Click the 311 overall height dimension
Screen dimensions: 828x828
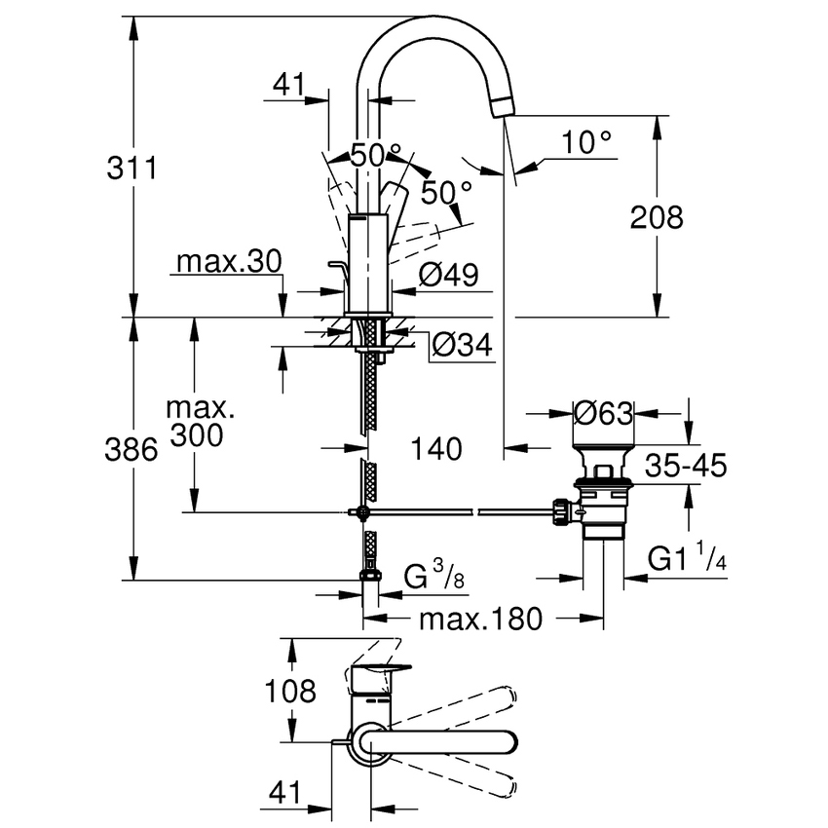[132, 168]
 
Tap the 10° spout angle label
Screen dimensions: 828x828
[587, 143]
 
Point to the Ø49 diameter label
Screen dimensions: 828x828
[449, 277]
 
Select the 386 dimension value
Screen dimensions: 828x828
[132, 449]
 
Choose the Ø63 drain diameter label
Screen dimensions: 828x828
[604, 413]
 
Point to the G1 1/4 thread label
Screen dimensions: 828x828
[688, 561]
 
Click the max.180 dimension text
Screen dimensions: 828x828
[479, 620]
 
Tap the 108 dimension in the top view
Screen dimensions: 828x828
[291, 692]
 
